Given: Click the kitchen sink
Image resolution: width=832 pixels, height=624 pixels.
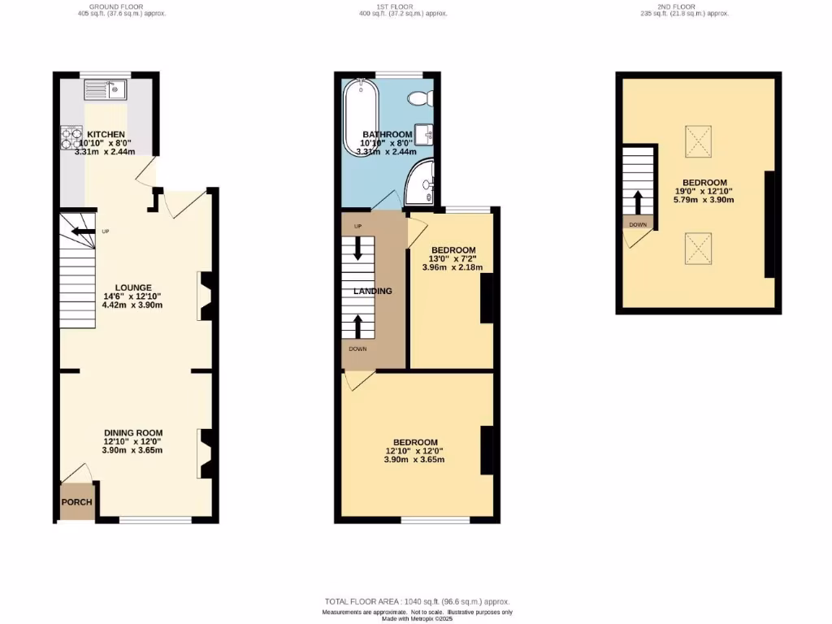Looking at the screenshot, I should click(106, 89).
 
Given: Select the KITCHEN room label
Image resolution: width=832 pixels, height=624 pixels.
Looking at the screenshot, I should click(106, 134).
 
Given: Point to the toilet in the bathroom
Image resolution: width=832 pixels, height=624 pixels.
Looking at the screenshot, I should click(421, 98).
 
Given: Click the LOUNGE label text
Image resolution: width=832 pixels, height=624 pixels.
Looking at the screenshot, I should click(132, 288).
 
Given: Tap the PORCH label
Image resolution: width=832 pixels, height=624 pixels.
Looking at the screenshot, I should click(77, 501).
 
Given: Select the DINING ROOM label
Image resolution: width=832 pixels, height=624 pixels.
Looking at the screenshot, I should click(132, 433).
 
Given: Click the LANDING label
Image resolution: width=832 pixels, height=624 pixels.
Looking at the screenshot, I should click(372, 291).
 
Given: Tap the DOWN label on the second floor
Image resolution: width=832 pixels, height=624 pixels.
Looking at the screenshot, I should click(638, 223).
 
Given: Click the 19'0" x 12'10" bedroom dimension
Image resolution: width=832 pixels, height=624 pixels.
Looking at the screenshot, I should click(704, 192).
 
